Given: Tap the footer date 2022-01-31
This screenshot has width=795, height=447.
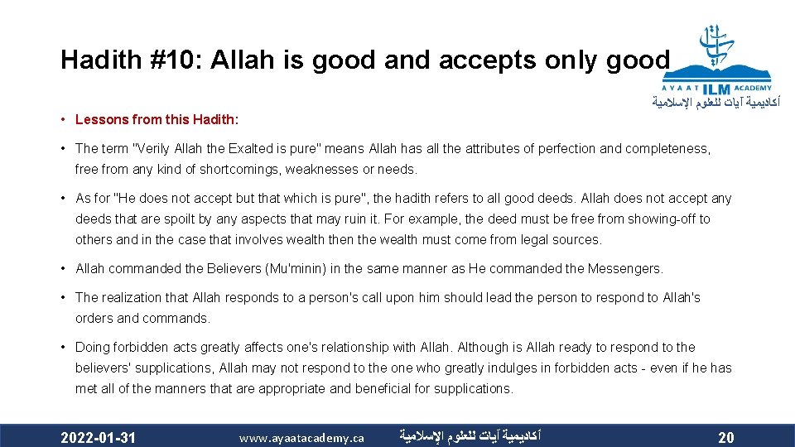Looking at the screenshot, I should click(99, 436).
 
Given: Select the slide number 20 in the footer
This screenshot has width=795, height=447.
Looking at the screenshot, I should click(725, 437).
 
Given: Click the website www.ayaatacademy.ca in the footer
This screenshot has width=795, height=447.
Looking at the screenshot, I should click(301, 437).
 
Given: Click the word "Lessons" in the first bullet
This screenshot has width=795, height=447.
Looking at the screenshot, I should click(99, 119).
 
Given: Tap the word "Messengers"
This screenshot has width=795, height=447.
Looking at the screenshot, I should click(625, 268).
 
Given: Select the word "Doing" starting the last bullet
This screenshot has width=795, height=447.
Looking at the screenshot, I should click(92, 347).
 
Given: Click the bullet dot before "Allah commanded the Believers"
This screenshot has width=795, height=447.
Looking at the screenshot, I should click(64, 268).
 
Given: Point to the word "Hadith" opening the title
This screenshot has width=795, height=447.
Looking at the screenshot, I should click(89, 60).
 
